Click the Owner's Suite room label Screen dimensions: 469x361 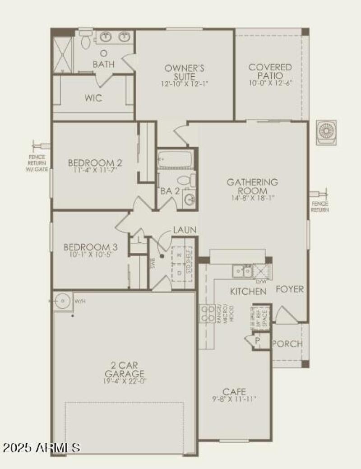(184, 72)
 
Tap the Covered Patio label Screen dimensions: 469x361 (270, 71)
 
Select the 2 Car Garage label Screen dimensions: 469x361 (125, 369)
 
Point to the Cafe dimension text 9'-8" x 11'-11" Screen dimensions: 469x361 (234, 399)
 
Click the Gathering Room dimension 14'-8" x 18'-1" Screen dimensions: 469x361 (252, 197)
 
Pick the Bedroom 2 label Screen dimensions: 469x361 (95, 163)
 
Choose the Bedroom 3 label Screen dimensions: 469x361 (91, 247)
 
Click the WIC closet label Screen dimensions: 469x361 (93, 98)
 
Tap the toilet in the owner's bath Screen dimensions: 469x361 (85, 40)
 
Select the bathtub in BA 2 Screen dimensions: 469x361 (175, 159)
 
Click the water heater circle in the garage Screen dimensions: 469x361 (61, 300)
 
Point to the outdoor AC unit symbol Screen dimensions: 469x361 (326, 131)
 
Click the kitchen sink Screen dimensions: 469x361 (242, 271)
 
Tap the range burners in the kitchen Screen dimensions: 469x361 (207, 313)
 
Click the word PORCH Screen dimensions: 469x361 (287, 344)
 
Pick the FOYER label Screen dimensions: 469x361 (290, 289)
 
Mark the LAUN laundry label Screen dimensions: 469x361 (184, 230)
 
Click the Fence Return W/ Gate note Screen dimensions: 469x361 (36, 163)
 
